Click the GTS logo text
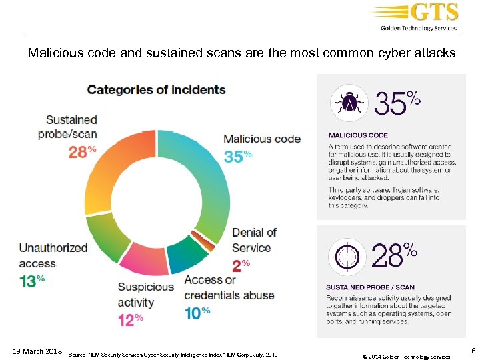coord(434,13)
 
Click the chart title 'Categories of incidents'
coord(157,89)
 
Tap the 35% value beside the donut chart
coord(238,155)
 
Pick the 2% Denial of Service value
coord(241,263)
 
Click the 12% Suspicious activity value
coord(131,319)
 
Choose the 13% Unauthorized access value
coord(32,281)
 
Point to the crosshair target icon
coord(348,257)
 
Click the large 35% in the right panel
coord(397,104)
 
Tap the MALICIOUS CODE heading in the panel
coord(358,135)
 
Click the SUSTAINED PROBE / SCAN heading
coord(370,287)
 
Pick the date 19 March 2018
coord(37,351)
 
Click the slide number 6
coord(473,350)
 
